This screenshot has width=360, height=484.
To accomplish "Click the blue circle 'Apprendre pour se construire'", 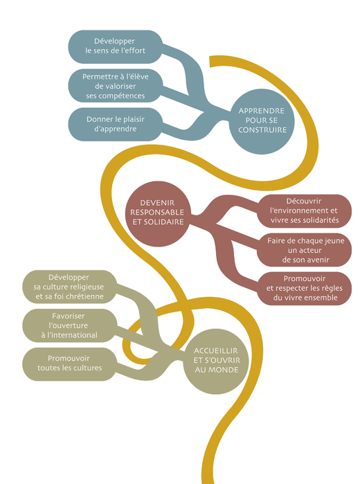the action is coord(262,121).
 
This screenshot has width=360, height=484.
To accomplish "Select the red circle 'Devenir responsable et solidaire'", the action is coord(158,213).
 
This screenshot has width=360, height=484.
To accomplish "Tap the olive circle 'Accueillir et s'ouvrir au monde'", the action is coord(216,361).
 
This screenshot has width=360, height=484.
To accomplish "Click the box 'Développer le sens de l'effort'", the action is coord(115,46).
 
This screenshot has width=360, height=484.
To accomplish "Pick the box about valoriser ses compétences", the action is coord(115,85).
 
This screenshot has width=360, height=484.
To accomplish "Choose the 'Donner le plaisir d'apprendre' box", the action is coord(115,124).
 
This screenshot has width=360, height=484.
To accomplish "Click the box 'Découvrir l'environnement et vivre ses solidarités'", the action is coord(305,210).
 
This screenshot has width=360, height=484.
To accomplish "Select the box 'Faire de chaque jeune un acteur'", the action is coord(305,250).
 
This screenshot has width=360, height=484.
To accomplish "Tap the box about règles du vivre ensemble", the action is coord(305,288).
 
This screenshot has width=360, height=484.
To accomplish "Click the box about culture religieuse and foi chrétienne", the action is coord(69,287).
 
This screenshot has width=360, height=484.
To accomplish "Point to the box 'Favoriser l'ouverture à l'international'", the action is coord(69,325).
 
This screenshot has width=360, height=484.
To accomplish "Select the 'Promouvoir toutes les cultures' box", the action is coord(69,364).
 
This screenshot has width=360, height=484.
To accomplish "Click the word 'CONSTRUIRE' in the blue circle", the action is coord(262,130).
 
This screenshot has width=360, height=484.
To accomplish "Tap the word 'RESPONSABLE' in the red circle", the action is coord(157,213).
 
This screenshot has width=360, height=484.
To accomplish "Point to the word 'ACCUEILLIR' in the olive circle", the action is coord(216,351).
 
